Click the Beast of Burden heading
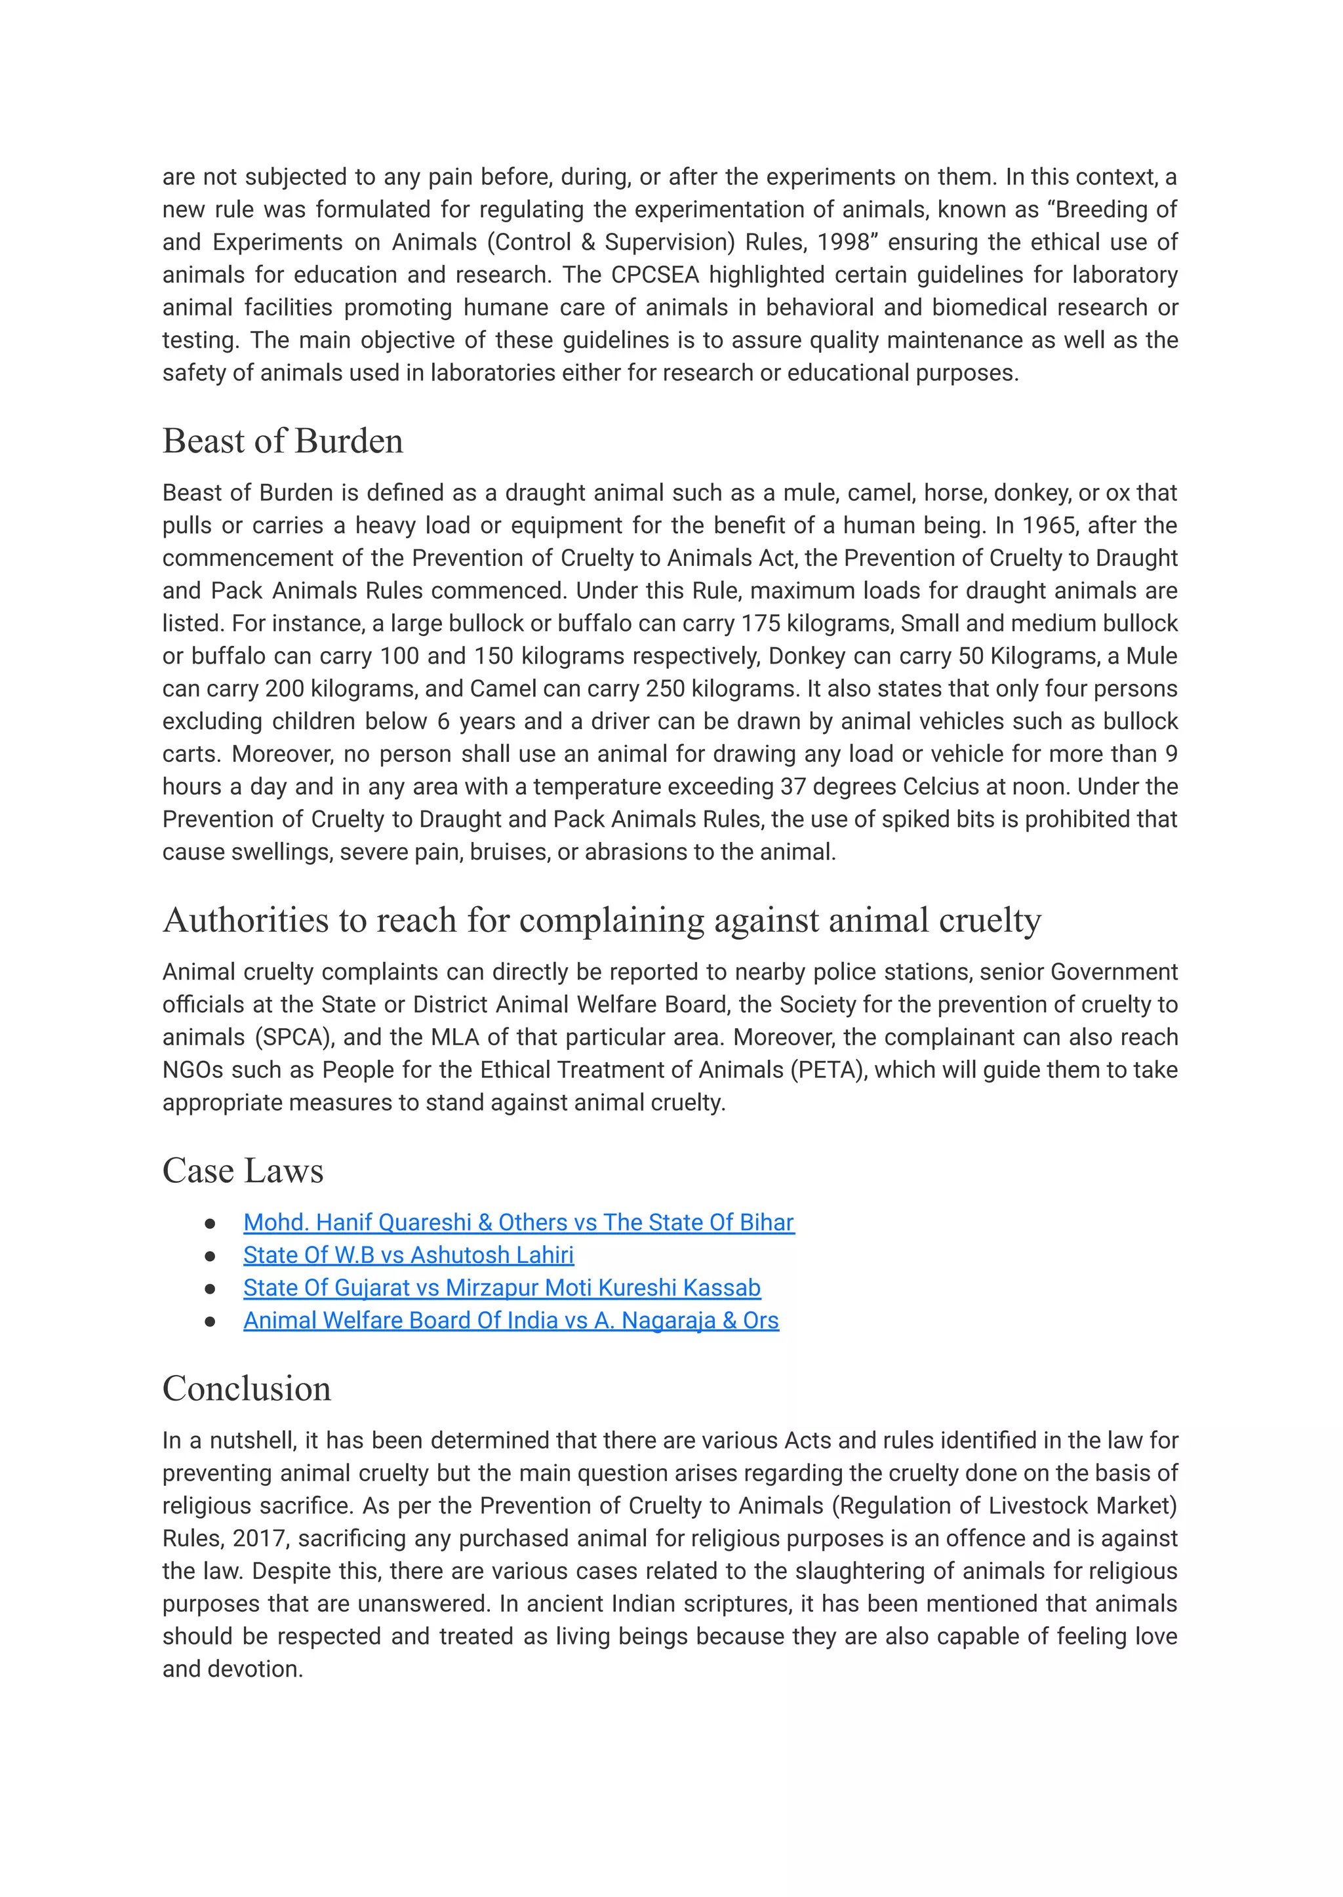[282, 441]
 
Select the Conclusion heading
[247, 1388]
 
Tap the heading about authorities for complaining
[601, 921]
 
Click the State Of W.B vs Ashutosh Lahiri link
[408, 1255]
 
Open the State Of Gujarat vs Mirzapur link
[501, 1288]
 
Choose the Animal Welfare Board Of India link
[510, 1321]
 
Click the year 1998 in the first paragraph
[843, 243]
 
